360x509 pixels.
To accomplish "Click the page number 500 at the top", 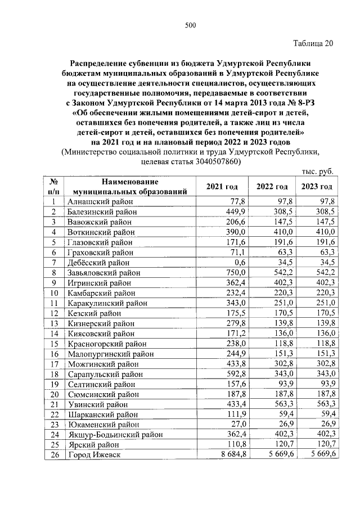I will pyautogui.click(x=190, y=24).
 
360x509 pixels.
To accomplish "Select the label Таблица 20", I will pyautogui.click(x=313, y=45).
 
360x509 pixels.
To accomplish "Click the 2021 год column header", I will pyautogui.click(x=222, y=187).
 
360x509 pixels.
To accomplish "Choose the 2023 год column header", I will pyautogui.click(x=317, y=187).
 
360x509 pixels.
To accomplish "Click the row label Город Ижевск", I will pyautogui.click(x=94, y=454).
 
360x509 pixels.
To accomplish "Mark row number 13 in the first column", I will pyautogui.click(x=55, y=323).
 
